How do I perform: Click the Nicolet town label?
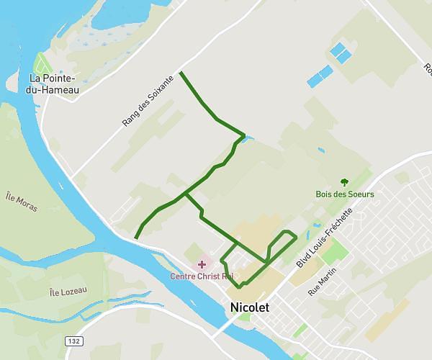249,307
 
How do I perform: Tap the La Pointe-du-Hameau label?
54,84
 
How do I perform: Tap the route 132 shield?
73,341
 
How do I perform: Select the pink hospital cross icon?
202,265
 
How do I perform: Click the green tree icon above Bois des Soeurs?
343,183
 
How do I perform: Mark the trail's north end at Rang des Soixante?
180,73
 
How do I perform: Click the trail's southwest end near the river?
136,238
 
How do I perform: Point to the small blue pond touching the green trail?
248,138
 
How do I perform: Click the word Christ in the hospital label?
211,276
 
